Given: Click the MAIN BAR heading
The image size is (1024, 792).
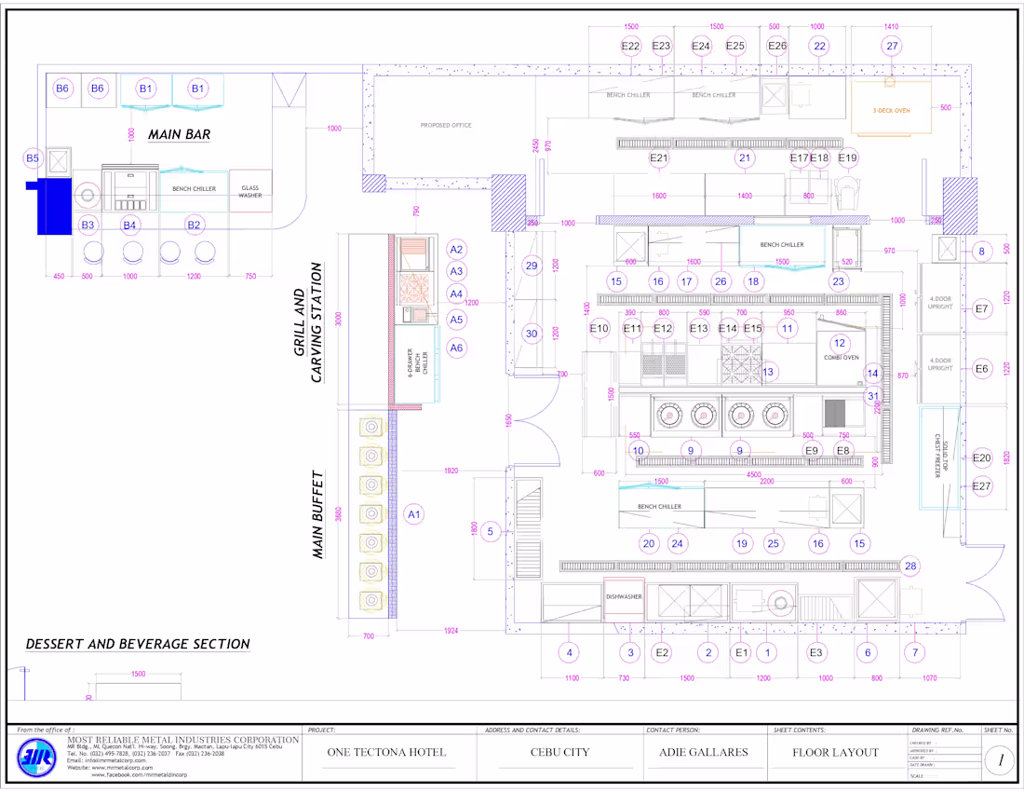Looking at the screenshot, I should pyautogui.click(x=179, y=134).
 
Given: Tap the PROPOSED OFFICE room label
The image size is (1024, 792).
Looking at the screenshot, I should pyautogui.click(x=446, y=125).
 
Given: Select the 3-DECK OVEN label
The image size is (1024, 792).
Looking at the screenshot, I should pyautogui.click(x=891, y=110).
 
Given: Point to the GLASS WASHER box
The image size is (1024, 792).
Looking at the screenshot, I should pyautogui.click(x=249, y=191).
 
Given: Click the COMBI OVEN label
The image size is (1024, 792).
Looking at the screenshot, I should pyautogui.click(x=840, y=357).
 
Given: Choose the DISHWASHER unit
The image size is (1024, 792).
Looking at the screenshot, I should pyautogui.click(x=624, y=596).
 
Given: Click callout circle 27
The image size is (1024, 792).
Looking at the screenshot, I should pyautogui.click(x=893, y=46).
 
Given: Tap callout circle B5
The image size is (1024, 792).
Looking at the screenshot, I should pyautogui.click(x=34, y=158).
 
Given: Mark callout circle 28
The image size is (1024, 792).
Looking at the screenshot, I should pyautogui.click(x=910, y=566).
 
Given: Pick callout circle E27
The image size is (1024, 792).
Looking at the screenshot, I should pyautogui.click(x=982, y=485).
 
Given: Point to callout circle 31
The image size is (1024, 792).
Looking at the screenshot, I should pyautogui.click(x=873, y=396).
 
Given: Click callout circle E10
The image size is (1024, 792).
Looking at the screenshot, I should pyautogui.click(x=600, y=328).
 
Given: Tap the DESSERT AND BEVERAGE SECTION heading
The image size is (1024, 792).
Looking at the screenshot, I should pyautogui.click(x=138, y=644).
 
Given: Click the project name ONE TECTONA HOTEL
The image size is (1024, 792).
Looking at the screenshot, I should pyautogui.click(x=386, y=752).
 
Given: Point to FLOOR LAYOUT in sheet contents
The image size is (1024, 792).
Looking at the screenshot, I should pyautogui.click(x=835, y=752).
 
